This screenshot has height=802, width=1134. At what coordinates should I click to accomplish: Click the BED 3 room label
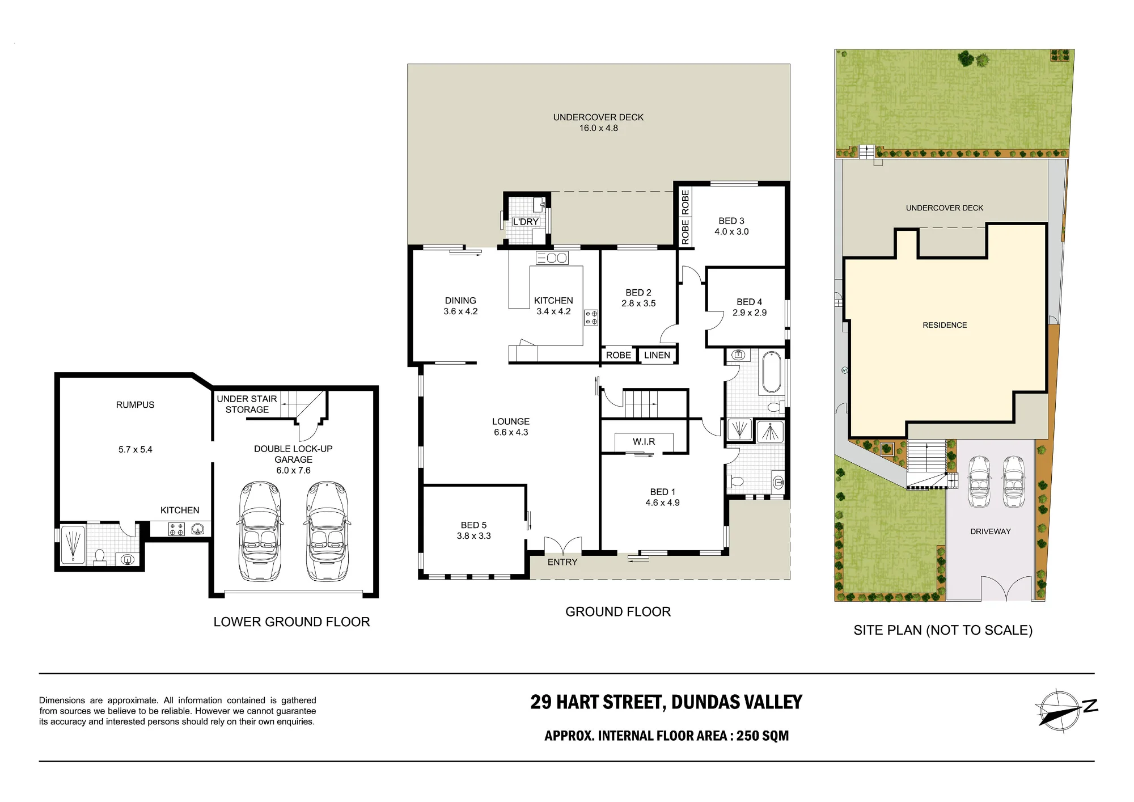(x=731, y=221)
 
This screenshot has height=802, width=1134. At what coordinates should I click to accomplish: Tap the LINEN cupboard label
(x=657, y=355)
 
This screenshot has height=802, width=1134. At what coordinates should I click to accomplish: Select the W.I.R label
(x=644, y=441)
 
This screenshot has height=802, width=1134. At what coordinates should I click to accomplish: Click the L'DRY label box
(x=526, y=222)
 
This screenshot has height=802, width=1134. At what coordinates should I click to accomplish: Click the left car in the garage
(x=260, y=531)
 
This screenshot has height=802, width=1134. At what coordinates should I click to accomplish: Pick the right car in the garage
(x=327, y=531)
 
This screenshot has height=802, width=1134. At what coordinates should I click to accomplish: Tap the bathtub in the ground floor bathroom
(x=771, y=372)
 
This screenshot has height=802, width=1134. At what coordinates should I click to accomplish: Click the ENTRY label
(x=562, y=562)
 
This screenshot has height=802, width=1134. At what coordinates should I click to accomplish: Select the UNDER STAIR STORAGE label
(x=247, y=404)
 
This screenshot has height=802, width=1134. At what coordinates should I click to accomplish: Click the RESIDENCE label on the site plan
(x=945, y=325)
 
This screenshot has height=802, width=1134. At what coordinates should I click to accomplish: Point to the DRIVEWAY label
(x=991, y=531)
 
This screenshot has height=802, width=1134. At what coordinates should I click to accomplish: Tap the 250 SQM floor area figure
(x=763, y=736)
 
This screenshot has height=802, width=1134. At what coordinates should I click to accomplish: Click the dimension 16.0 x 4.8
(x=599, y=128)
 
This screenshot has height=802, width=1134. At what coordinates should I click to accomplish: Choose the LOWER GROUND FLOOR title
(x=291, y=622)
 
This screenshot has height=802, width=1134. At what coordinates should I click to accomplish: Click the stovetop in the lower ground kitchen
(x=176, y=529)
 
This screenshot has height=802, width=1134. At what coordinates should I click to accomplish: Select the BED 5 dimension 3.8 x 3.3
(x=474, y=536)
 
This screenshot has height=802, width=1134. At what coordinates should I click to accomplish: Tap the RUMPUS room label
(x=135, y=404)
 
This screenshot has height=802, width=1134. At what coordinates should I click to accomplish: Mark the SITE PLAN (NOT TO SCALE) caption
(x=943, y=630)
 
